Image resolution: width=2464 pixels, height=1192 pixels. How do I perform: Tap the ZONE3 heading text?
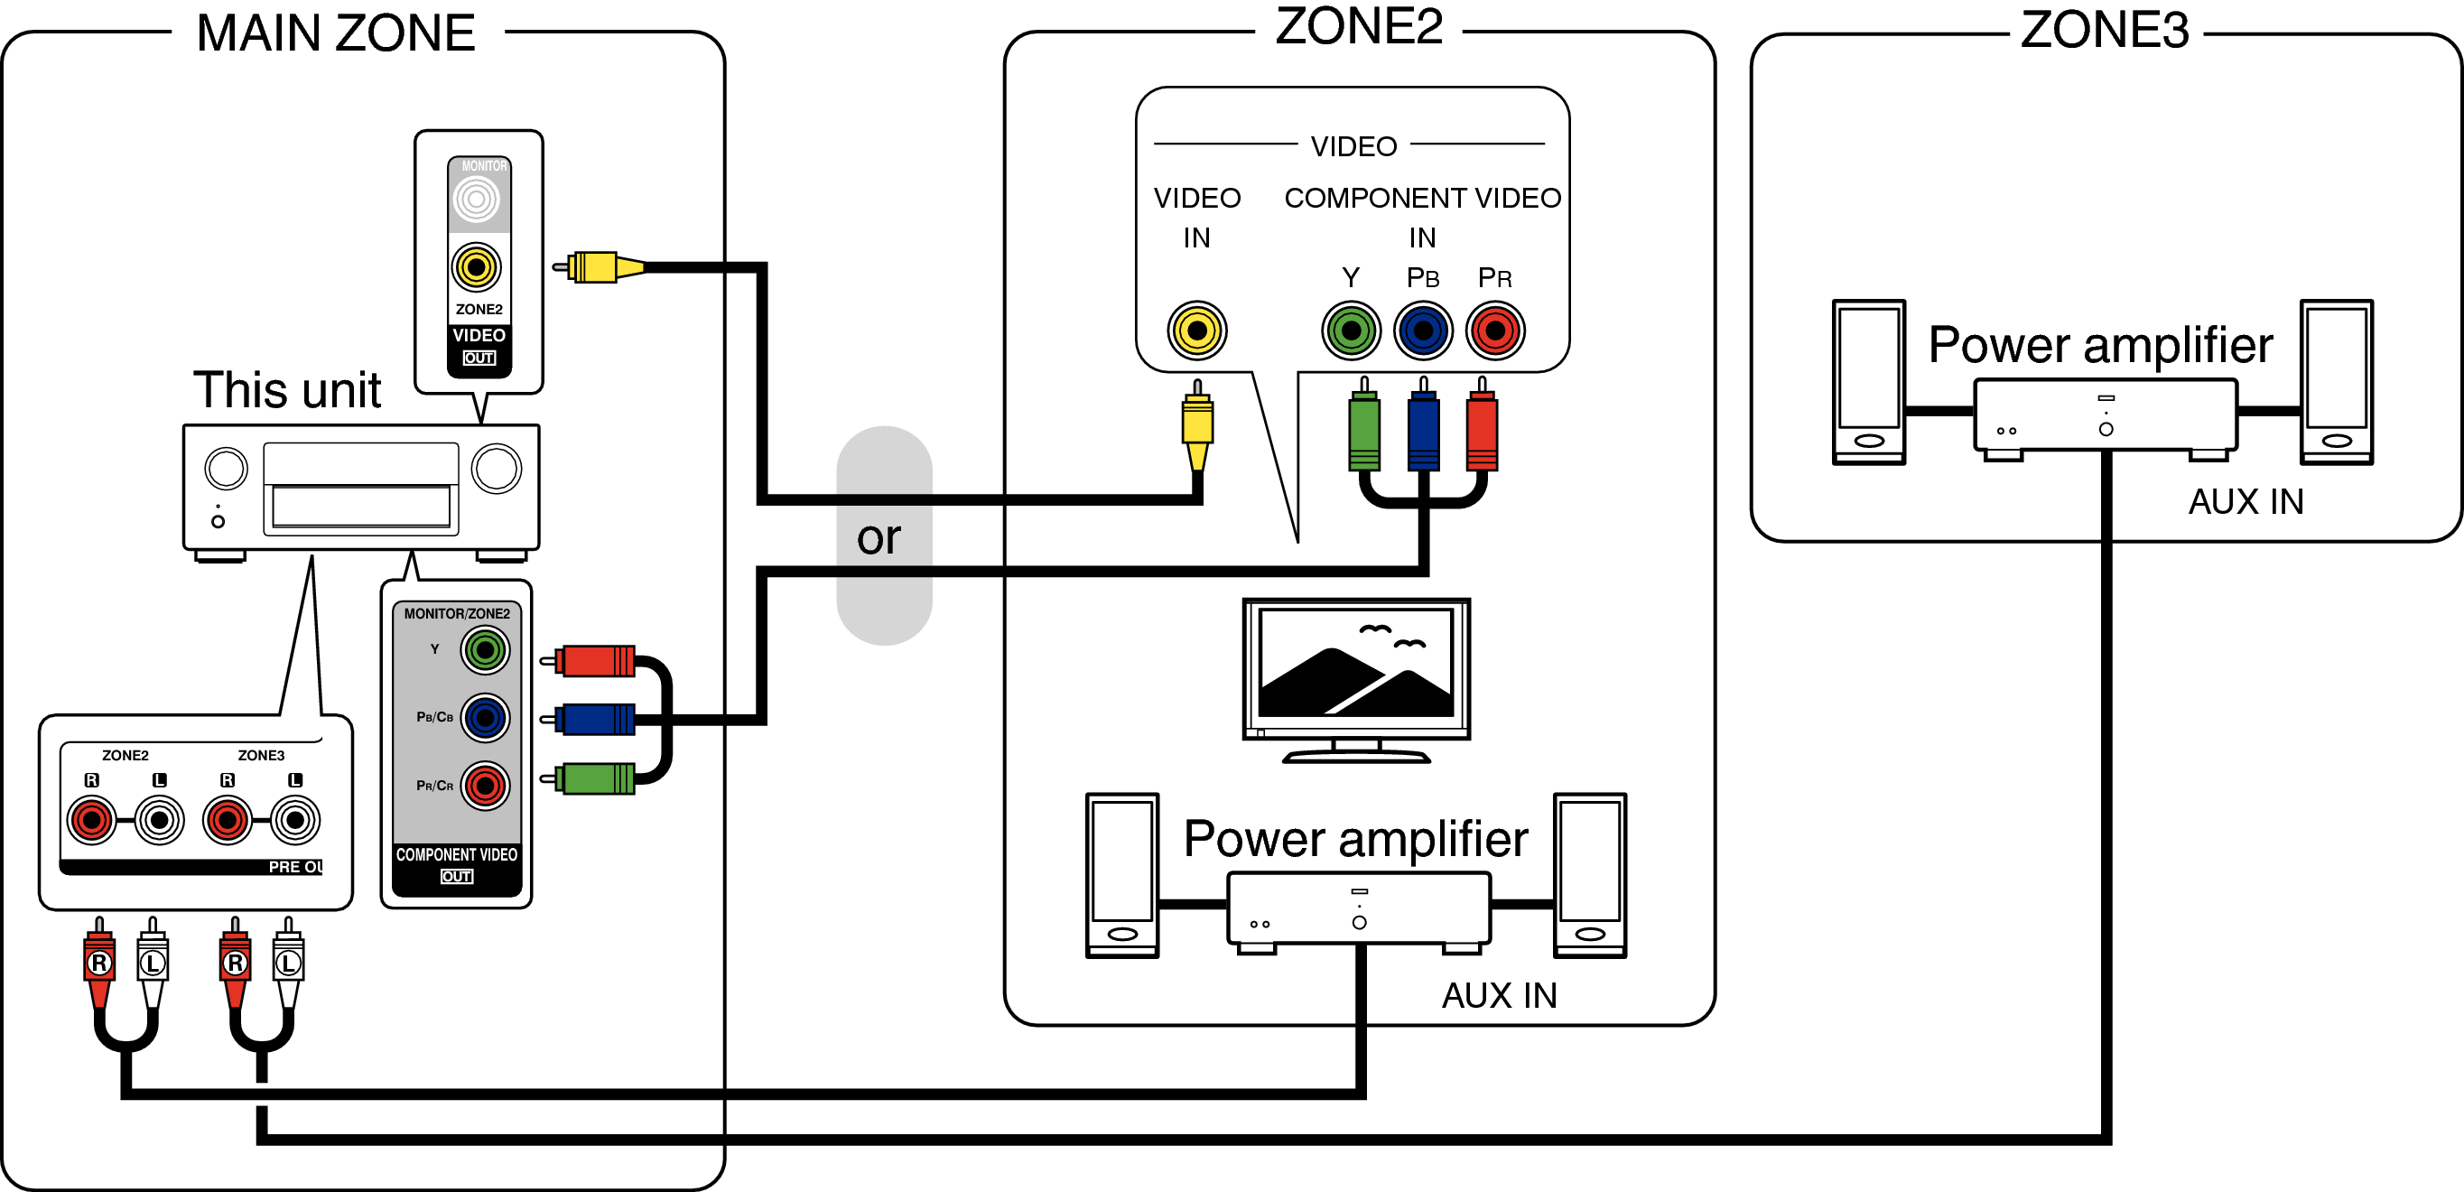[x=2104, y=30]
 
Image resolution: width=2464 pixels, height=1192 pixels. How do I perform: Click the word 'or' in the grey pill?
[x=879, y=536]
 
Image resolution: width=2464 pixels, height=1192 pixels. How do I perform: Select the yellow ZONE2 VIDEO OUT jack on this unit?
[x=477, y=267]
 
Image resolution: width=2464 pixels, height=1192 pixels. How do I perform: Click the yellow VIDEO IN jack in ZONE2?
[x=1196, y=331]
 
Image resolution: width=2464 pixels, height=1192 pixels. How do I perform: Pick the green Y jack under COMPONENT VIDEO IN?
[x=1351, y=331]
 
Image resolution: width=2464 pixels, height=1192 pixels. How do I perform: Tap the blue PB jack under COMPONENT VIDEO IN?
[x=1423, y=331]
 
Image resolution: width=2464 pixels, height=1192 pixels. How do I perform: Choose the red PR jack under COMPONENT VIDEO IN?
[x=1495, y=331]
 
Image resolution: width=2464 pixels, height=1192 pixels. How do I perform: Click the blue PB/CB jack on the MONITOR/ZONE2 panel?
[x=485, y=718]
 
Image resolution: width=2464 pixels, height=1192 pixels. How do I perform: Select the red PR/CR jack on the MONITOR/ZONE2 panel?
[x=485, y=786]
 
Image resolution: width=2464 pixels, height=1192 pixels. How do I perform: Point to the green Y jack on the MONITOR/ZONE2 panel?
[x=485, y=650]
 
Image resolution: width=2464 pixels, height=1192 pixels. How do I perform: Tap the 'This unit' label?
[x=287, y=389]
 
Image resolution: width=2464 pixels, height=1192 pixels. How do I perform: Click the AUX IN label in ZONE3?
[x=2245, y=501]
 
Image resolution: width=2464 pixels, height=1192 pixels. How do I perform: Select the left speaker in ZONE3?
[x=1868, y=382]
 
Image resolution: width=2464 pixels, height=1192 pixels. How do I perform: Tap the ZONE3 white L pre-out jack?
[x=294, y=820]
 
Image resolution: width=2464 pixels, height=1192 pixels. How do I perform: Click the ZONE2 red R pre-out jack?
[x=92, y=820]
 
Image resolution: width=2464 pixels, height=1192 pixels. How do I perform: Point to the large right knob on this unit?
[x=497, y=469]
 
